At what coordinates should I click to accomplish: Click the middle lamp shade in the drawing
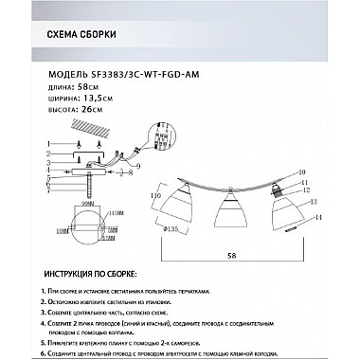(228, 210)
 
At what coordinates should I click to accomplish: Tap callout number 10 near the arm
(301, 171)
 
